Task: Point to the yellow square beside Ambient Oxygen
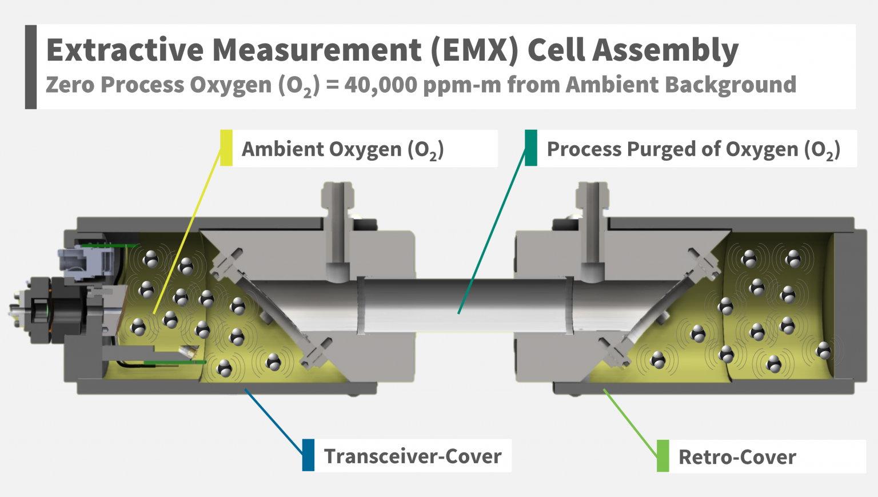point(226,148)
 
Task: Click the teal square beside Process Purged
point(531,148)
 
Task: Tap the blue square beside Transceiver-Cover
point(309,455)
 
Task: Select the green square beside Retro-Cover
point(663,456)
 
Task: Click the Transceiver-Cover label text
point(413,456)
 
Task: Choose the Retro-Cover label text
point(737,457)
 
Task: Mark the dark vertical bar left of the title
point(31,67)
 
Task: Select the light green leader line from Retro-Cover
point(631,423)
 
